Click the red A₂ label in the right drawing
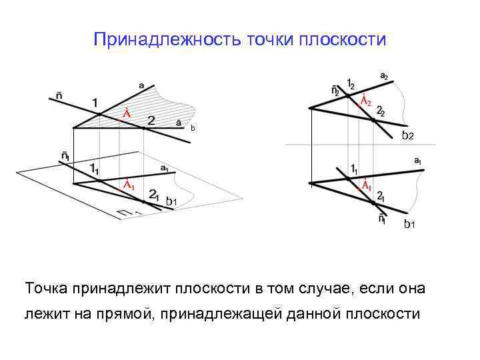coord(365,101)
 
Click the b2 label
coord(407,136)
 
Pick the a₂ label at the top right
coord(385,77)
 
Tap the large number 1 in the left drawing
coord(95,104)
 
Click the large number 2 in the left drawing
coord(151,121)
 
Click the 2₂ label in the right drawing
coord(380,111)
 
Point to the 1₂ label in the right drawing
coord(350,84)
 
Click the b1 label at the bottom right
coord(410,225)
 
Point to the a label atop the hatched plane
coord(141,85)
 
